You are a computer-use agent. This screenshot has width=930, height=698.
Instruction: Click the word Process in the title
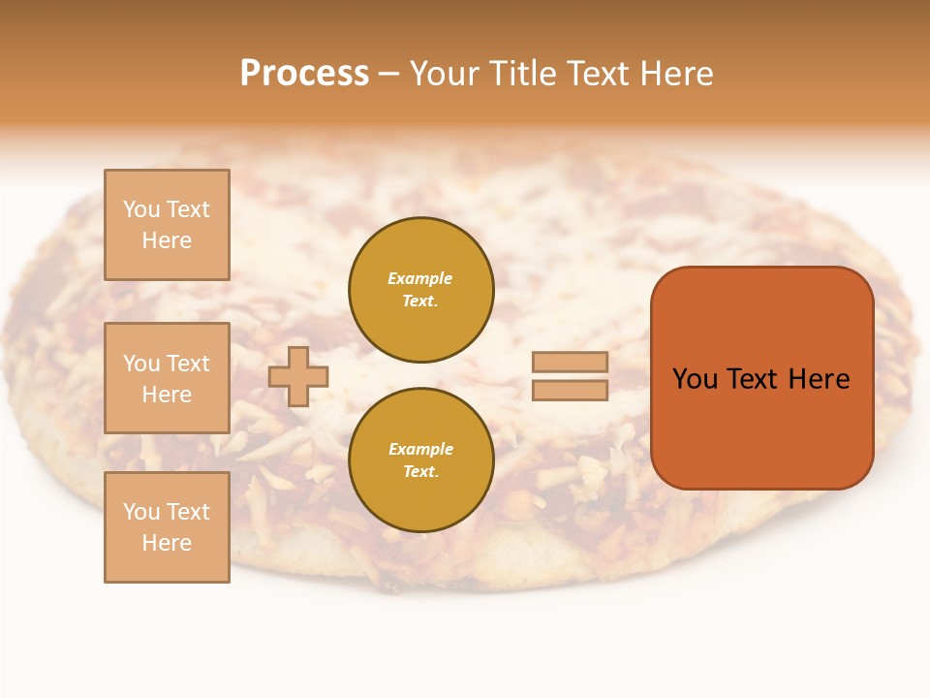point(304,74)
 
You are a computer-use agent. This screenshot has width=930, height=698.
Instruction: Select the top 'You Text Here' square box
point(167,225)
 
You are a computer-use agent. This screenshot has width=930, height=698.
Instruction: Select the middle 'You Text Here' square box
point(167,378)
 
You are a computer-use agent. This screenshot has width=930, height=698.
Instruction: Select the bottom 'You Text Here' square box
point(167,527)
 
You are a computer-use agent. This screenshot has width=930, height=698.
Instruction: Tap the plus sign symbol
point(298,376)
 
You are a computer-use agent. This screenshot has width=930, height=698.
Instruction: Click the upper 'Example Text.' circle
point(420,290)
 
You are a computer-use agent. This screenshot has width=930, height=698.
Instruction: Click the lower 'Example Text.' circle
point(420,460)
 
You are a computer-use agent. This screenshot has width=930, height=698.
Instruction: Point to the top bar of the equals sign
point(570,363)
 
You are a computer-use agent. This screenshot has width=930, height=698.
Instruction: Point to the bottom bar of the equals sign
point(570,390)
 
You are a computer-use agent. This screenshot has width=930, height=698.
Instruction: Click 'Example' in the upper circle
point(420,278)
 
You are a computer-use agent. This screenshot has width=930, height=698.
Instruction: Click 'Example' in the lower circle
point(420,449)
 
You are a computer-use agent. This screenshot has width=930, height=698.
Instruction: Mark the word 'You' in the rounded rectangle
point(695,379)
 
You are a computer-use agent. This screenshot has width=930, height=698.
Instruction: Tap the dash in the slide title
point(389,75)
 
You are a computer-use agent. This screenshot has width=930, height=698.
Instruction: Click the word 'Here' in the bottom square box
point(167,543)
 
